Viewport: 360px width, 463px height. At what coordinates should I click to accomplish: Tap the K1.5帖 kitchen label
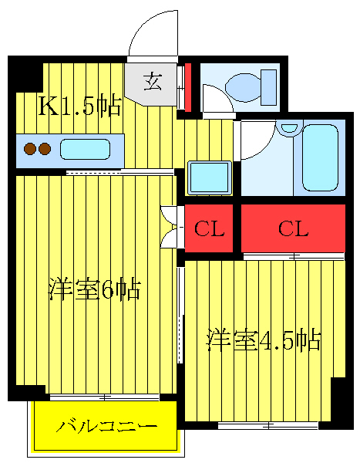[80, 106]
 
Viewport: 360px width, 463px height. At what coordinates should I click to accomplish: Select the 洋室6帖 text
[93, 290]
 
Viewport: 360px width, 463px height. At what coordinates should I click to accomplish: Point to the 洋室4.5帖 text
[262, 340]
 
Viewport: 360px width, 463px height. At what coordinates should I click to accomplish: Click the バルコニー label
[107, 427]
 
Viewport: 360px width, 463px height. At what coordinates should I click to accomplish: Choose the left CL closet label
[208, 229]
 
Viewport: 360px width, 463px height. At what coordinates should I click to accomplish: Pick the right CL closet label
[293, 229]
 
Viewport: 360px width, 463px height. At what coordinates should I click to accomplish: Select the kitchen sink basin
[84, 148]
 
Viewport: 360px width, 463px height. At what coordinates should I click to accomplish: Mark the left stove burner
[30, 148]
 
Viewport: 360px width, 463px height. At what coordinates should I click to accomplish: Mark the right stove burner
[45, 148]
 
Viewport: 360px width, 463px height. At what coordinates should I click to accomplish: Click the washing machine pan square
[210, 177]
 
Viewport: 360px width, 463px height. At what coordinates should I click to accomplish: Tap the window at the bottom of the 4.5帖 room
[267, 425]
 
